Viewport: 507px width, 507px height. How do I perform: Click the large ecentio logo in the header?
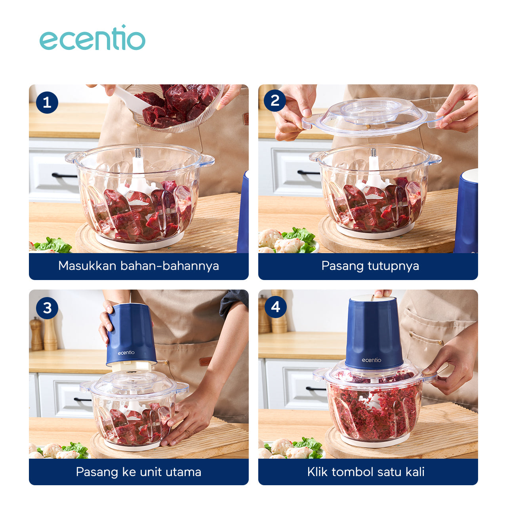tap(92, 38)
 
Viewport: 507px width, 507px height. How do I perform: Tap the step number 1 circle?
tap(47, 103)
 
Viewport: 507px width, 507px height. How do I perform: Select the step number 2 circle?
tap(274, 101)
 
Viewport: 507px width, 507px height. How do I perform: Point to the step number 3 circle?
tap(47, 308)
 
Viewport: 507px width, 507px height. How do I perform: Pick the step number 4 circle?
tap(275, 307)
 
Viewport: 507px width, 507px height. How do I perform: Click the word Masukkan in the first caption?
tap(87, 266)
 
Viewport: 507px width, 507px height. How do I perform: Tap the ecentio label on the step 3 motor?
tap(126, 353)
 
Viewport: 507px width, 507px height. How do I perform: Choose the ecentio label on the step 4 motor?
tap(371, 360)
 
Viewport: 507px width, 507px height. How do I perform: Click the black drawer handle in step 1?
tap(65, 175)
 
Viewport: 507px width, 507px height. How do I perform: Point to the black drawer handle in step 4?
tap(316, 388)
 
